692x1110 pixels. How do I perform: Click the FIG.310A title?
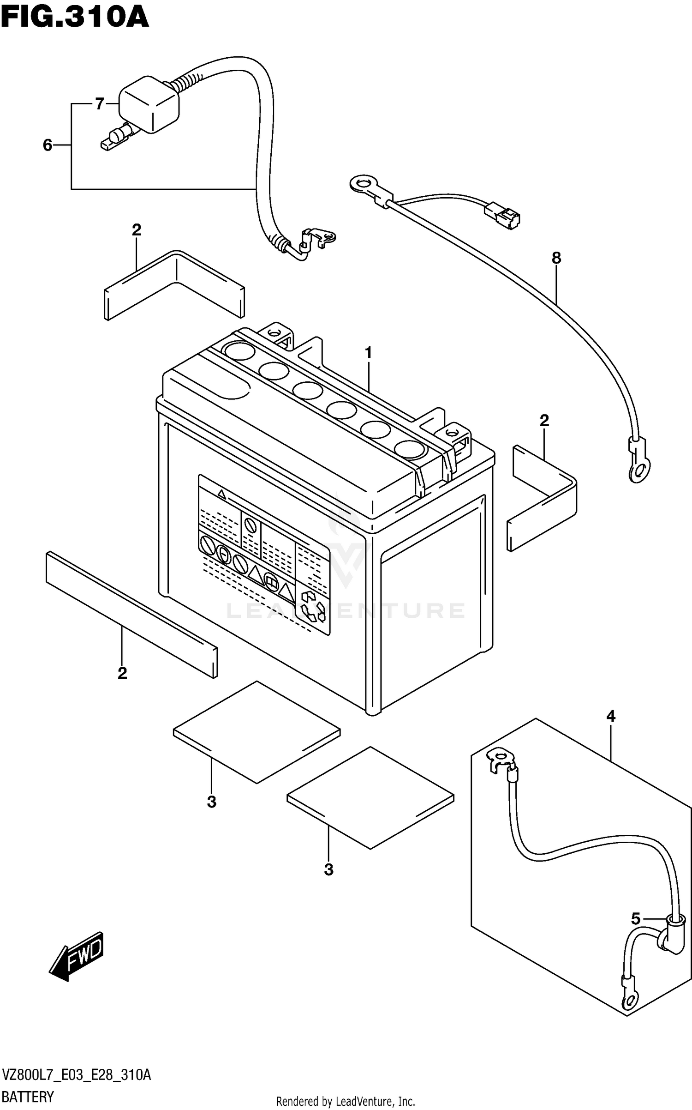click(x=75, y=18)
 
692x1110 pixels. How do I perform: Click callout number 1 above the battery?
click(x=368, y=353)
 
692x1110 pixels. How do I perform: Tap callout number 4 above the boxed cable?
click(x=610, y=716)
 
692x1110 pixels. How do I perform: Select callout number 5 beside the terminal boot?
click(x=636, y=919)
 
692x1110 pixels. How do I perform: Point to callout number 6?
click(x=48, y=145)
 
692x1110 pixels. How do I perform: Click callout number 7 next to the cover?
click(x=100, y=104)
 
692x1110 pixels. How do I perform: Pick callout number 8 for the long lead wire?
click(x=556, y=258)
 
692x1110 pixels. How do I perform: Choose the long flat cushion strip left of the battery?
click(x=131, y=614)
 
